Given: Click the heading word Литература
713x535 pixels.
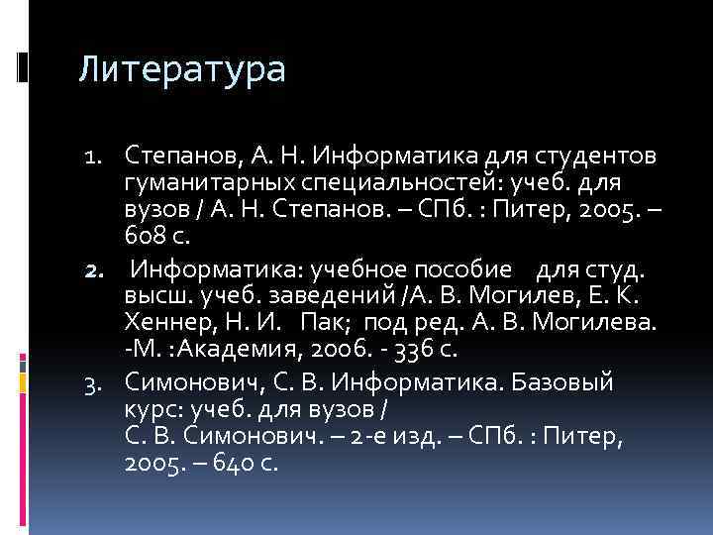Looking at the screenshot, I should point(182,70).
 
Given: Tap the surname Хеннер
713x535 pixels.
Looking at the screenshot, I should point(167,323).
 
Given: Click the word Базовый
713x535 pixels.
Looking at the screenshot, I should point(561,381).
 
